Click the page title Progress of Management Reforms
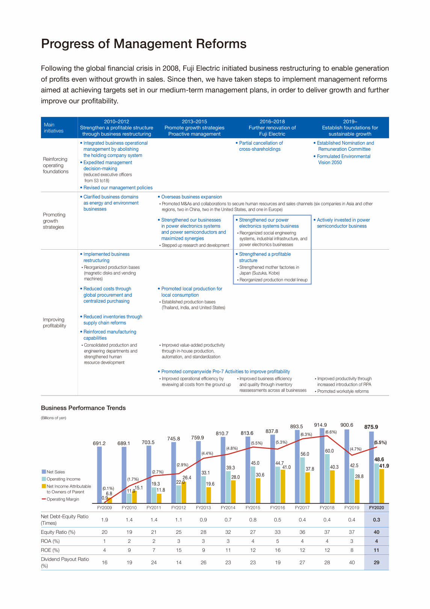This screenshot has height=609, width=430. pyautogui.click(x=144, y=44)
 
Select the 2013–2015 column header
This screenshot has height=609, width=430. pyautogui.click(x=194, y=127)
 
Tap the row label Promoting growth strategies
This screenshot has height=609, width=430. pyautogui.click(x=54, y=221)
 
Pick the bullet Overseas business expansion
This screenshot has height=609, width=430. pyautogui.click(x=191, y=197)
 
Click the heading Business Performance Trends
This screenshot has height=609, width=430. pyautogui.click(x=83, y=408)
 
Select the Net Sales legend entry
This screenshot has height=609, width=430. pyautogui.click(x=55, y=472)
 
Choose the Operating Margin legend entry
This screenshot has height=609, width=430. pyautogui.click(x=62, y=499)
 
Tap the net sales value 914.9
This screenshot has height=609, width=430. pyautogui.click(x=320, y=425)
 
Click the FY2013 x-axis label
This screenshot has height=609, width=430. pyautogui.click(x=203, y=507)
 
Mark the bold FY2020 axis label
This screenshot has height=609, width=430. pyautogui.click(x=376, y=507)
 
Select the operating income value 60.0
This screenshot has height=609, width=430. pyautogui.click(x=329, y=451)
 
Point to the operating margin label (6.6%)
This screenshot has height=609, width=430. pyautogui.click(x=331, y=432)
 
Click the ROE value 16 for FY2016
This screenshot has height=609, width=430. pyautogui.click(x=278, y=550)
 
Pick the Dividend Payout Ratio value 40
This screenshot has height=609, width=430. pyautogui.click(x=352, y=562)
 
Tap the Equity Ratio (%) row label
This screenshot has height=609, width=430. pyautogui.click(x=58, y=532)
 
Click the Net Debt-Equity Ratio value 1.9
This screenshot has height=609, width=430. pyautogui.click(x=104, y=520)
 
